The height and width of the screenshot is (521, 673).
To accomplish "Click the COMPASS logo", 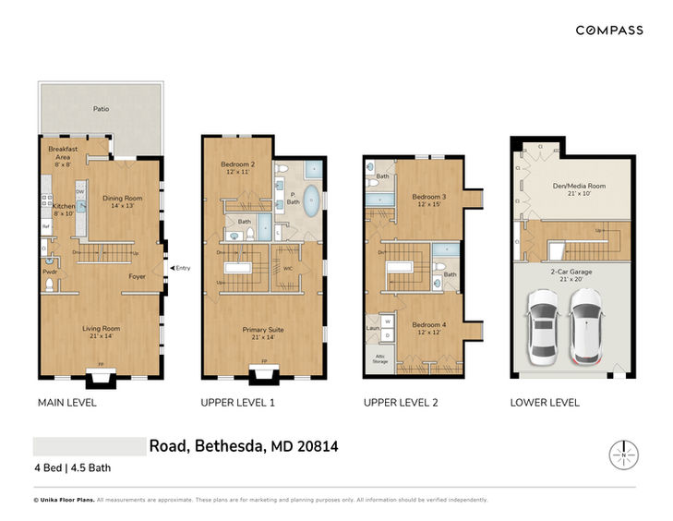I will [x=609, y=30].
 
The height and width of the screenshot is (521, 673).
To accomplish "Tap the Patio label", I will [x=101, y=109].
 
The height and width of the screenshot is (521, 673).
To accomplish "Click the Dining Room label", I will [x=122, y=200].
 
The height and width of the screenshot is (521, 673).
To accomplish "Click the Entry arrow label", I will [x=182, y=269].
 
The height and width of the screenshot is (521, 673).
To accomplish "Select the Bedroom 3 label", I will [x=429, y=200].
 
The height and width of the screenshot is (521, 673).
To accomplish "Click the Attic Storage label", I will [x=379, y=360].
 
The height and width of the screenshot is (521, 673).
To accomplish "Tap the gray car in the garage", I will [x=541, y=324].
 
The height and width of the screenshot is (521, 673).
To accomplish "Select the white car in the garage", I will [x=585, y=324].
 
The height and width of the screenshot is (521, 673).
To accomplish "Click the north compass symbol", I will [x=624, y=454].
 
